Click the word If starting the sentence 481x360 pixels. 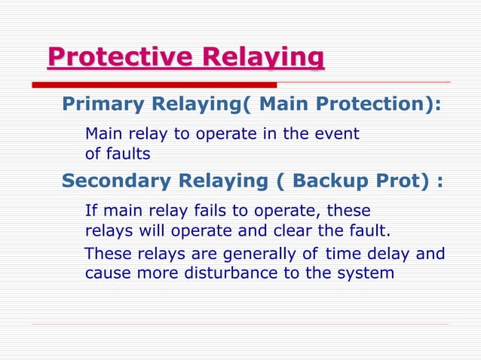90,210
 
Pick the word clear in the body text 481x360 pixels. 301,229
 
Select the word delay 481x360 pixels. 388,254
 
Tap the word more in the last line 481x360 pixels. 158,273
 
